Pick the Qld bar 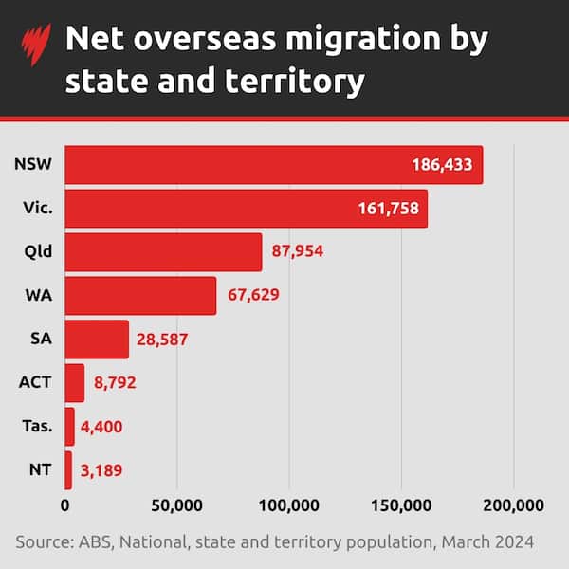click(163, 251)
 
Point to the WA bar click(140, 295)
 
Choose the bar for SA click(97, 339)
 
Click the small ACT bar click(75, 382)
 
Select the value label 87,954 click(303, 251)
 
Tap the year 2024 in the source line click(513, 541)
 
